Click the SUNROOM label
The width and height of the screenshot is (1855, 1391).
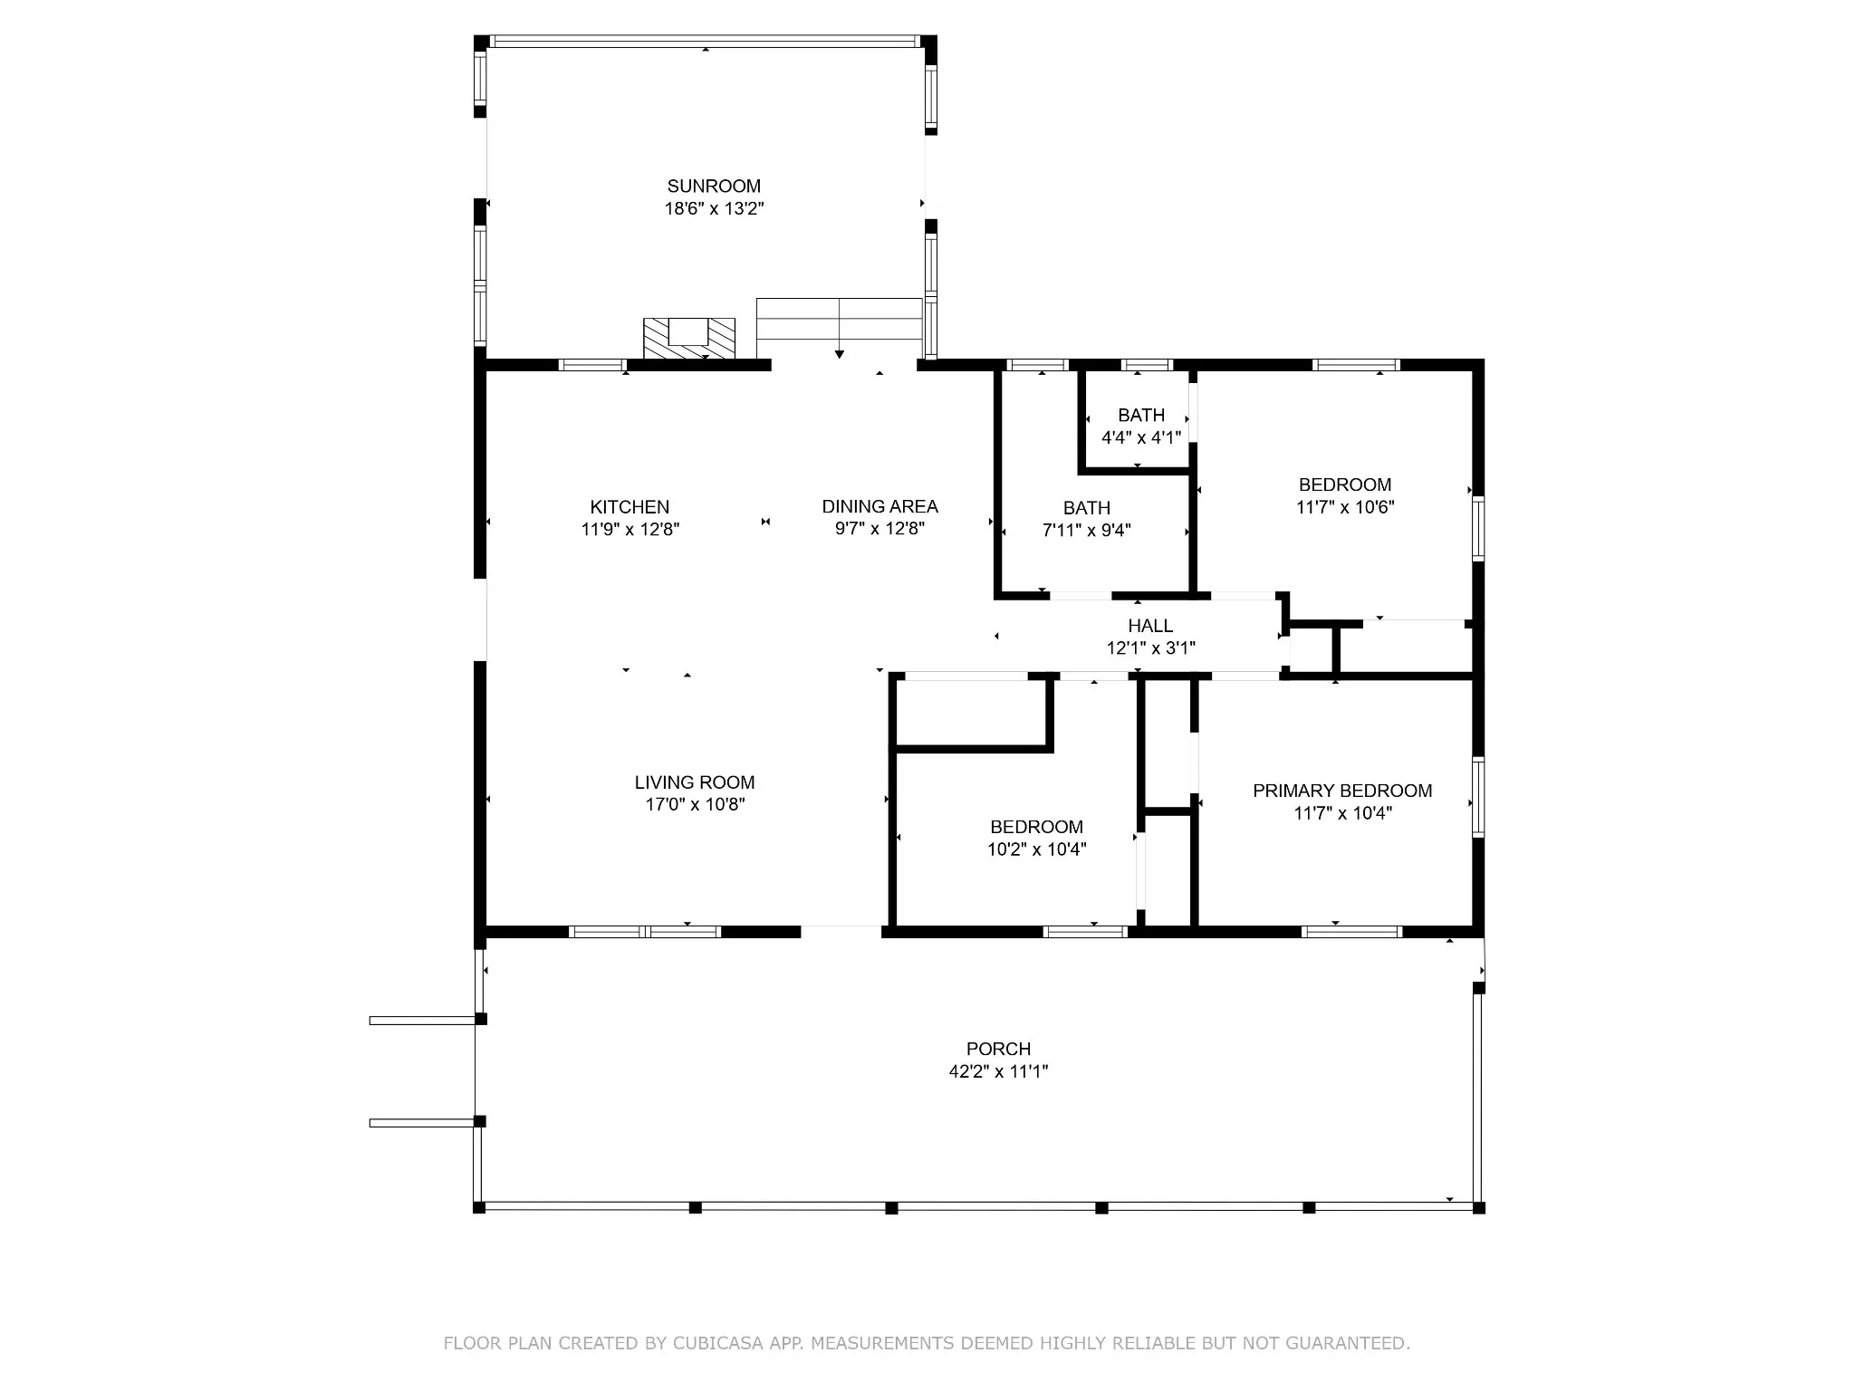714,187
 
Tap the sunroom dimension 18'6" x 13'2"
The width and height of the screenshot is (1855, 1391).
714,209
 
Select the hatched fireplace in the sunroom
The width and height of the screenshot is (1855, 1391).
688,339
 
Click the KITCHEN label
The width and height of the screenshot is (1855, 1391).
630,507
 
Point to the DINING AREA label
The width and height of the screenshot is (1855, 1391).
879,506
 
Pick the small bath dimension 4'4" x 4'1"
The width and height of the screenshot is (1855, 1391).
1141,437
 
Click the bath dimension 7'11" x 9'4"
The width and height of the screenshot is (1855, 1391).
1087,530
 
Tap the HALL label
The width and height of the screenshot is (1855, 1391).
1150,626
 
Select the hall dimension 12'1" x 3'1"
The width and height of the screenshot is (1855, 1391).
1150,648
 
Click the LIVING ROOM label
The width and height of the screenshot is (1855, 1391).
695,782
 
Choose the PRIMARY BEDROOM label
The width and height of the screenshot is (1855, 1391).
1342,791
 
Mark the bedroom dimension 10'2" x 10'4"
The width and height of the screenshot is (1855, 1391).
1036,849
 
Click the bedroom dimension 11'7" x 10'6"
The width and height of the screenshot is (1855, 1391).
1345,507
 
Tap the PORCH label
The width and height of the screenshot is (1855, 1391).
998,1049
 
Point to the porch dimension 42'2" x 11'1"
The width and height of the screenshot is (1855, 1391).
998,1071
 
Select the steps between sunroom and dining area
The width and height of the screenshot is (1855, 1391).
839,319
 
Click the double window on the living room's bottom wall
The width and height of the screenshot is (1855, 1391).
645,931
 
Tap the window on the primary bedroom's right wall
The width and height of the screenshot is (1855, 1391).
1478,797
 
